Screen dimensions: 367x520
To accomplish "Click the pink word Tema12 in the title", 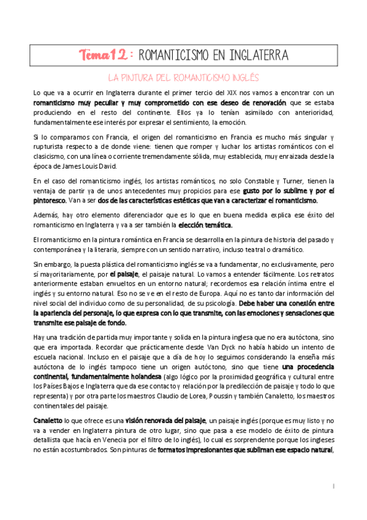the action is (x=103, y=55).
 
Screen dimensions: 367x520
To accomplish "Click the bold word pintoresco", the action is (x=50, y=200).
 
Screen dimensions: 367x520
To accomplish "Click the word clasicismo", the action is (x=50, y=156).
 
